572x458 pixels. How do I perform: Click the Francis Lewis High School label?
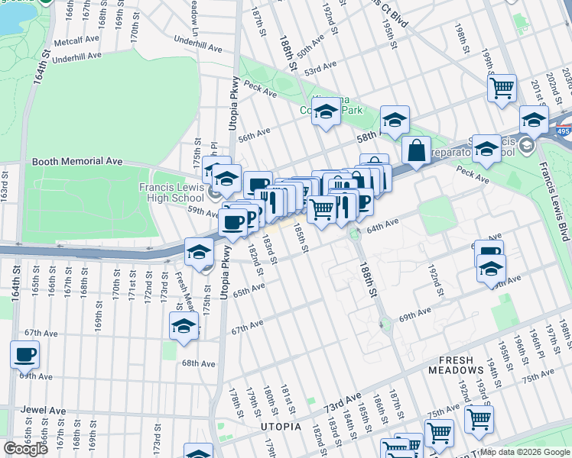click(x=171, y=192)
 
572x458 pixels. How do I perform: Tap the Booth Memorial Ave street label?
click(x=76, y=162)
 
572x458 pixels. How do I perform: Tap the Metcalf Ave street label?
click(x=77, y=39)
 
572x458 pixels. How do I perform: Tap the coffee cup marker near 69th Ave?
click(x=25, y=354)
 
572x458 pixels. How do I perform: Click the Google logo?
click(x=25, y=449)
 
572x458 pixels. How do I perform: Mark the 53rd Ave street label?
click(x=321, y=67)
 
